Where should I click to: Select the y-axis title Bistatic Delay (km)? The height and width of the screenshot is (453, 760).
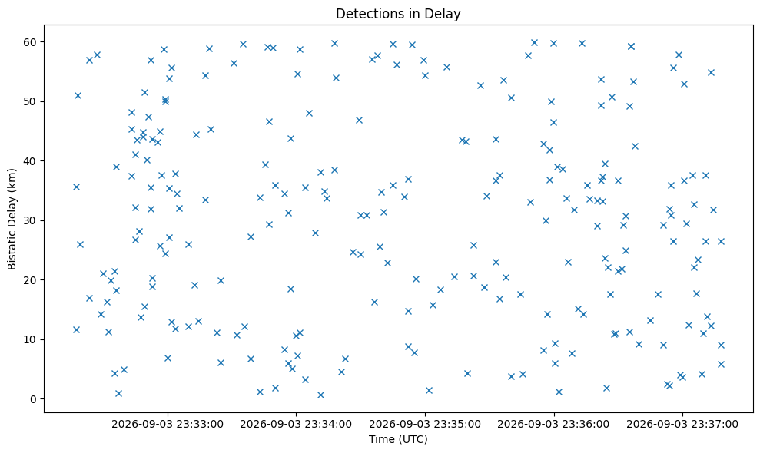click(x=12, y=219)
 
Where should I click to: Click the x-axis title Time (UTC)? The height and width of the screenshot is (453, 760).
click(x=398, y=439)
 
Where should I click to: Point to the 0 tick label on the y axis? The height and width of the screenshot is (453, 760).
click(x=34, y=399)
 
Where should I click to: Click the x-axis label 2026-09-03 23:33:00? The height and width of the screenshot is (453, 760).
click(x=168, y=425)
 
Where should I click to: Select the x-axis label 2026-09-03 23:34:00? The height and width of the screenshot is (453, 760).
click(x=296, y=425)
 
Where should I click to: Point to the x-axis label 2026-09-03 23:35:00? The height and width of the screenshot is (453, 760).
click(x=425, y=425)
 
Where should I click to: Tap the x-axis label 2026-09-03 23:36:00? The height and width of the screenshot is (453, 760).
click(x=553, y=425)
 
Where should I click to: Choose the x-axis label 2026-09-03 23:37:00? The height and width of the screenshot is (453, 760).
click(x=682, y=425)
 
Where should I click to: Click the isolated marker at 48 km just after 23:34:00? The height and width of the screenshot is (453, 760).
click(x=309, y=114)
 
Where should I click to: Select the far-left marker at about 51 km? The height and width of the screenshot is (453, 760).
click(x=78, y=95)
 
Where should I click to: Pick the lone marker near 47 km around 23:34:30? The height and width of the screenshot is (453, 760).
click(x=359, y=120)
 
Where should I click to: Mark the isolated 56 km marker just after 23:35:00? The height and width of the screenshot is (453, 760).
click(x=446, y=67)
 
